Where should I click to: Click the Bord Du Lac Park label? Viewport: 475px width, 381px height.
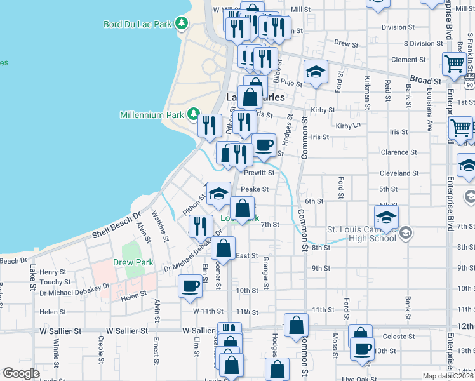pos(138,24)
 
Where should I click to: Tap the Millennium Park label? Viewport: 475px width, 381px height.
pos(152,115)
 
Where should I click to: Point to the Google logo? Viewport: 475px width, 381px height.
pos(21,373)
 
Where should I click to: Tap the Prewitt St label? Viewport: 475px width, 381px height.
pos(260,172)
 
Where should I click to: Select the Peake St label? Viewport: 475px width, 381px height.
pos(255,189)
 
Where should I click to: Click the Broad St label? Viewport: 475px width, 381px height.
pos(425,81)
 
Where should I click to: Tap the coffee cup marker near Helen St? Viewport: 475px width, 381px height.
pos(191,286)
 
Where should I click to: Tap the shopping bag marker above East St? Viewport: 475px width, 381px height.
pos(224,247)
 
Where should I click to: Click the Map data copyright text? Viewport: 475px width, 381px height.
pos(448,376)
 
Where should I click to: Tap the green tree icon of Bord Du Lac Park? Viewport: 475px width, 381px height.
pos(182,23)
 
